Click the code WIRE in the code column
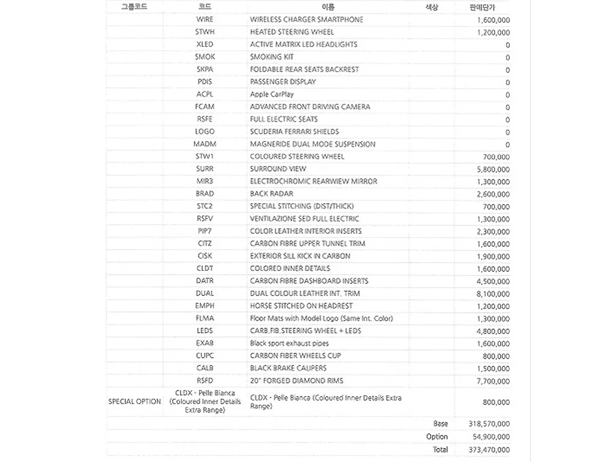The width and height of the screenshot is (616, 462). (x=205, y=19)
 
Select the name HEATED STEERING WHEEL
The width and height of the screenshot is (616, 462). (x=292, y=32)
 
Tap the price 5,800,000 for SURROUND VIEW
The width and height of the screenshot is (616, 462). (x=493, y=169)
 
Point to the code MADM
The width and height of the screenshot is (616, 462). (x=205, y=144)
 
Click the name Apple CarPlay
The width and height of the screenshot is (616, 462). (x=271, y=94)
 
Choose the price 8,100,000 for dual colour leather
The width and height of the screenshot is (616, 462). (x=493, y=294)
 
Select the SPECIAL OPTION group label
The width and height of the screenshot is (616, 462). (x=135, y=401)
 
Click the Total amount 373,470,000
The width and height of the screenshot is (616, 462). (x=489, y=449)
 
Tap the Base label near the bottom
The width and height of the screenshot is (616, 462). (x=440, y=423)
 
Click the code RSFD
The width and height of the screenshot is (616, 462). (x=205, y=380)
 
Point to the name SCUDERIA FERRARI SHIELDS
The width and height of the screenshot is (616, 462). (x=294, y=131)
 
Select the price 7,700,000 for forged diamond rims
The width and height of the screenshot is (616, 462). (x=493, y=381)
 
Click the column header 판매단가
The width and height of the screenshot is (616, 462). (x=482, y=7)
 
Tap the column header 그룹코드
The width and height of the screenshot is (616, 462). (x=134, y=7)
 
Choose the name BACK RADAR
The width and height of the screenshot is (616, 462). (x=271, y=193)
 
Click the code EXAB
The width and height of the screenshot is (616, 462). (x=205, y=343)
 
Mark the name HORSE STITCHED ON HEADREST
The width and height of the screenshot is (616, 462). (x=301, y=306)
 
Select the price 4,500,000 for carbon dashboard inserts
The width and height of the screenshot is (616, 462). (x=493, y=282)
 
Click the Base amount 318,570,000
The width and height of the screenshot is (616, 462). (x=489, y=423)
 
